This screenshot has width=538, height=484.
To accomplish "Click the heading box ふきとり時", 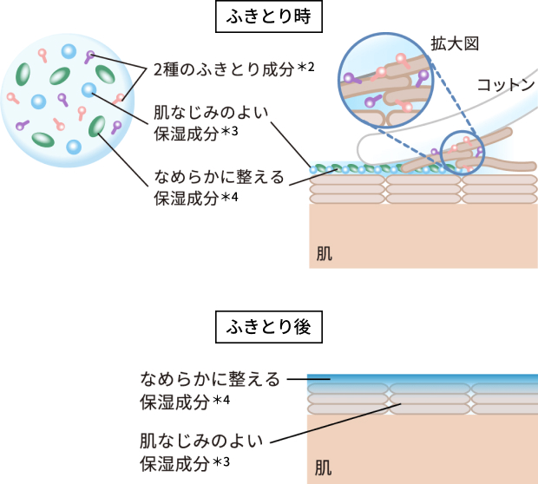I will click(x=269, y=16).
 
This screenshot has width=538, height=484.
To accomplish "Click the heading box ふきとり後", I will click(x=269, y=327).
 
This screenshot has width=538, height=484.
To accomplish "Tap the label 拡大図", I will click(x=456, y=43).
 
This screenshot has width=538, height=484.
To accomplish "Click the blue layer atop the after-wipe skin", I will click(x=423, y=379).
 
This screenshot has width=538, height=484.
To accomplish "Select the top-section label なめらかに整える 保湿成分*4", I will click(x=218, y=187).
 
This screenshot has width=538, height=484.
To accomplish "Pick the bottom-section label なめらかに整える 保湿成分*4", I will click(x=209, y=390).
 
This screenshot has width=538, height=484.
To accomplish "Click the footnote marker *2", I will click(x=304, y=68).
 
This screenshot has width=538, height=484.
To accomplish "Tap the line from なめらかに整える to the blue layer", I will click(x=296, y=379).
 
